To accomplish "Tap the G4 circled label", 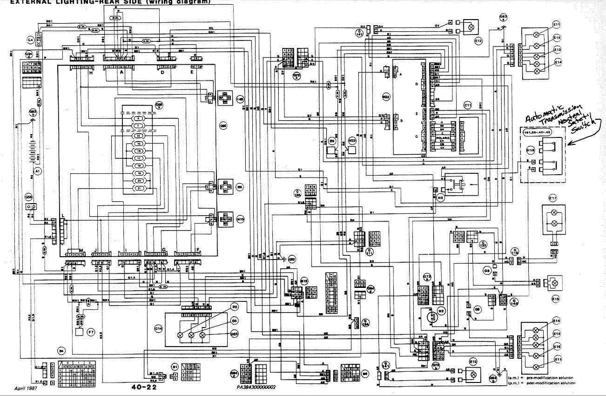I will pos(30,41).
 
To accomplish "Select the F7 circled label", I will pos(91,332).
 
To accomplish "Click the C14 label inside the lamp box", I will pos(159,328).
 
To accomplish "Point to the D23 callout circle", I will pos(234,334).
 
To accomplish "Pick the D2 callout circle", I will pos(234,307).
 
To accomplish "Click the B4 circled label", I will pos(61,350).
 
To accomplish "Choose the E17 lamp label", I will pos(553,198).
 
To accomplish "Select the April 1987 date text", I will pos(27,388).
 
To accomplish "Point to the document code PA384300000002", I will pos(256,387).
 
